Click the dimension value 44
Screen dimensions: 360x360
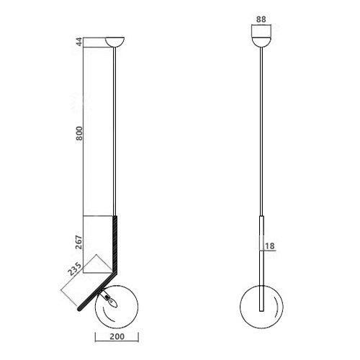(x=79, y=42)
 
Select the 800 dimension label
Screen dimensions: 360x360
(x=79, y=133)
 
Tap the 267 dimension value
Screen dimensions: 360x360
(x=79, y=243)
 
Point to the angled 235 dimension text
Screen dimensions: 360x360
(x=74, y=269)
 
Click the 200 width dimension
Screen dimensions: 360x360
(x=117, y=336)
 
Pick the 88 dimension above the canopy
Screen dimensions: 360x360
(x=261, y=19)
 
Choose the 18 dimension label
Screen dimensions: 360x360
(x=270, y=246)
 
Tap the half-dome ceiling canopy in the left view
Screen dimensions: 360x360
(x=115, y=41)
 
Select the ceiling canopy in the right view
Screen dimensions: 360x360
(x=261, y=42)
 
